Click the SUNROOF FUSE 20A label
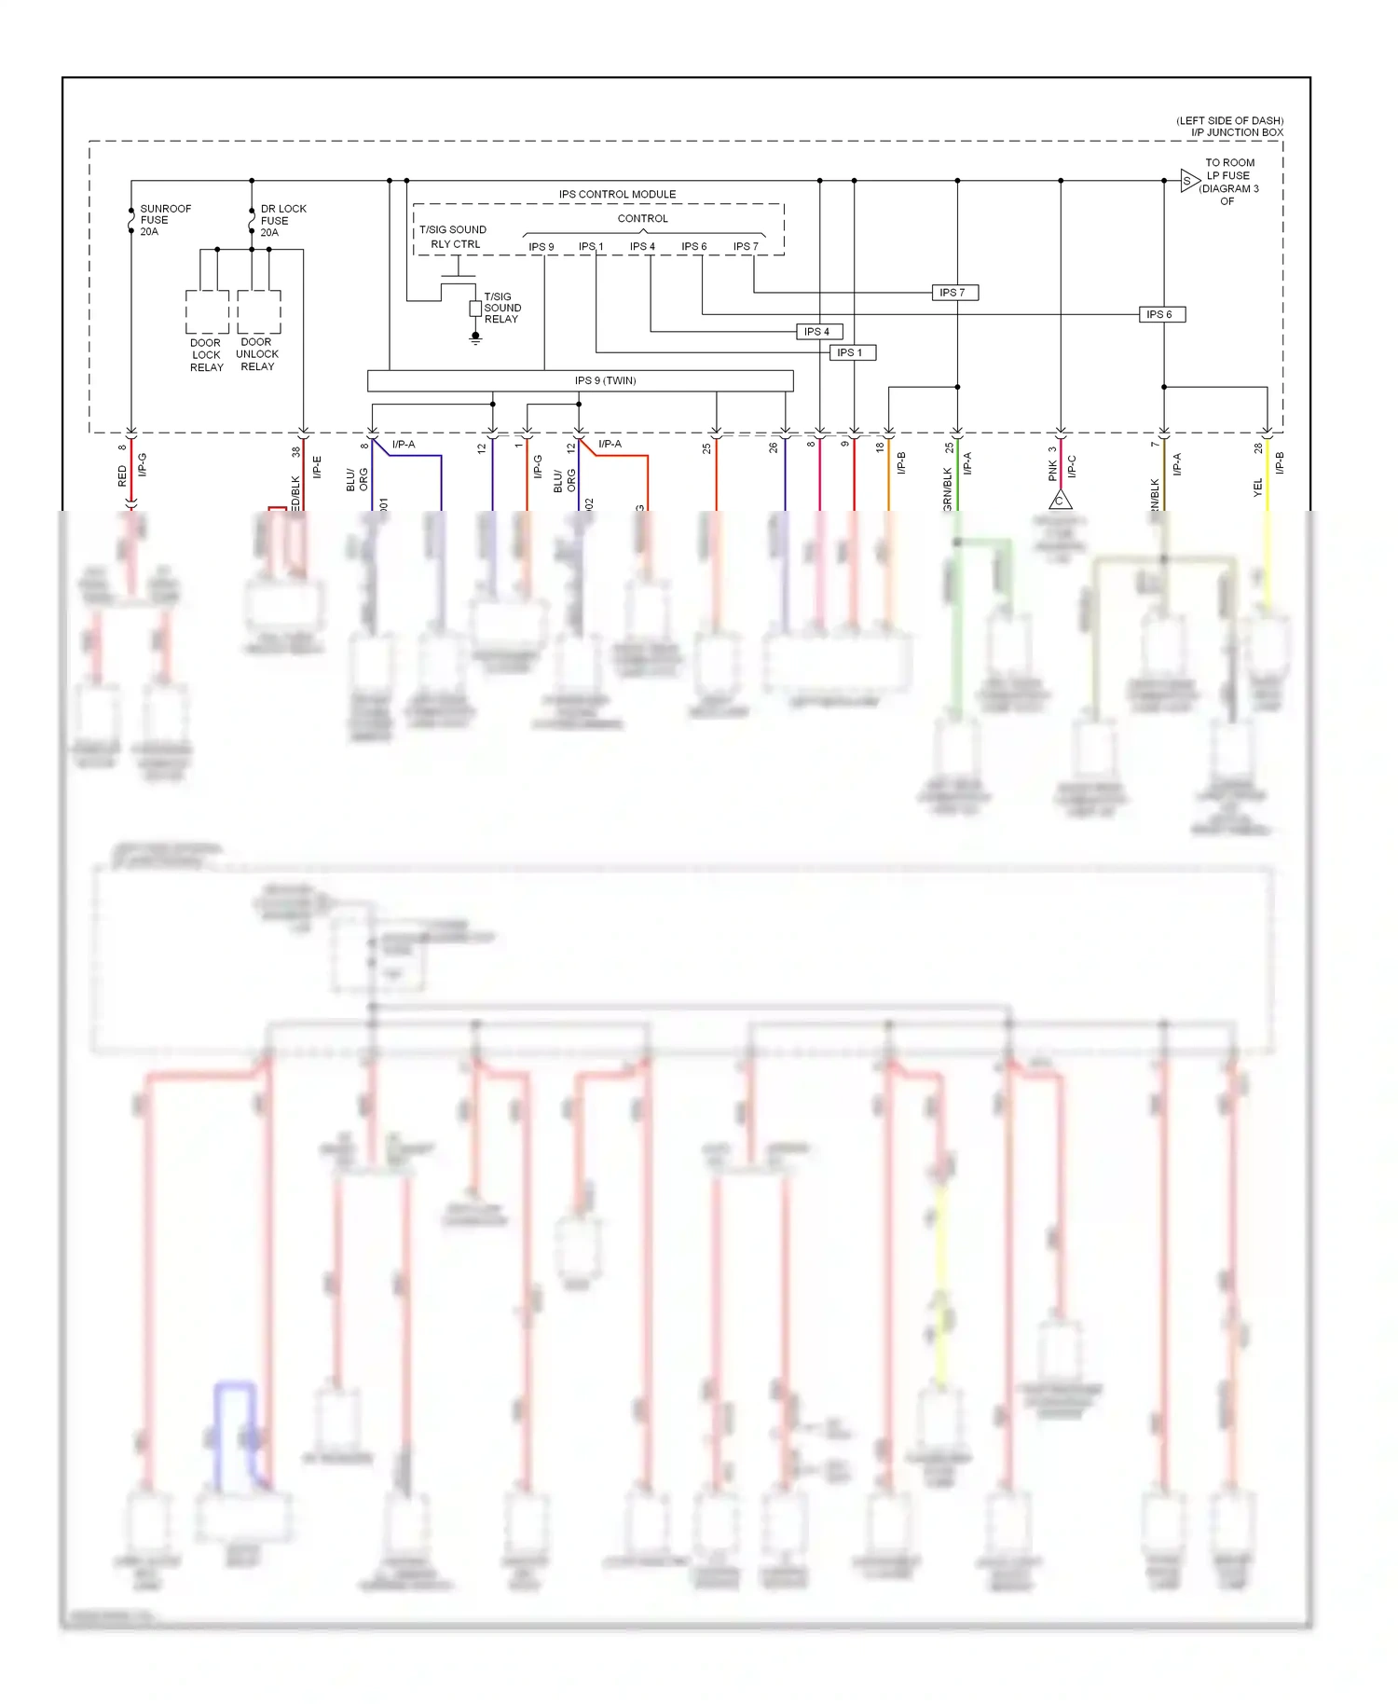click(x=165, y=220)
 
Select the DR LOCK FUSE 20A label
click(x=282, y=221)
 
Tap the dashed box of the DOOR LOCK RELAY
click(x=207, y=312)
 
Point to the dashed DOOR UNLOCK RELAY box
click(x=258, y=312)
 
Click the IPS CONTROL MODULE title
click(x=617, y=194)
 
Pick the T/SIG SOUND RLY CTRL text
click(x=453, y=237)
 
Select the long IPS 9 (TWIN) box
click(x=580, y=380)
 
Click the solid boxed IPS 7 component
click(x=953, y=293)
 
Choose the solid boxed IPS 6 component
click(x=1160, y=314)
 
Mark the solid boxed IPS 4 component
click(x=817, y=332)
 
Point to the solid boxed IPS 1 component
click(x=851, y=352)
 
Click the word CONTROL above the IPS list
click(x=642, y=218)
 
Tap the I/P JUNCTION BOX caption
click(x=1236, y=132)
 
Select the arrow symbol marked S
click(x=1188, y=181)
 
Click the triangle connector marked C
click(x=1060, y=502)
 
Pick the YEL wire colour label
click(x=1257, y=487)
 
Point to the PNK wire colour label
click(x=1052, y=471)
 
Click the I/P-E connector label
click(x=317, y=466)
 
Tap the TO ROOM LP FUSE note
click(x=1229, y=182)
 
